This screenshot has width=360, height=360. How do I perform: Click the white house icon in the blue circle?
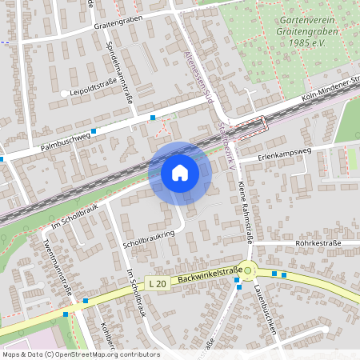coord(179,172)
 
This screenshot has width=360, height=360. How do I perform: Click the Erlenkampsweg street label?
coord(284,151)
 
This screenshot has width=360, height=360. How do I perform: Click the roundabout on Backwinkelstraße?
coord(248,269)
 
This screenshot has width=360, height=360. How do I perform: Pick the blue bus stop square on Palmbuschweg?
coord(94,130)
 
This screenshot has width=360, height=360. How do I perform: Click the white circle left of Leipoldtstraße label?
coord(64,94)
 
